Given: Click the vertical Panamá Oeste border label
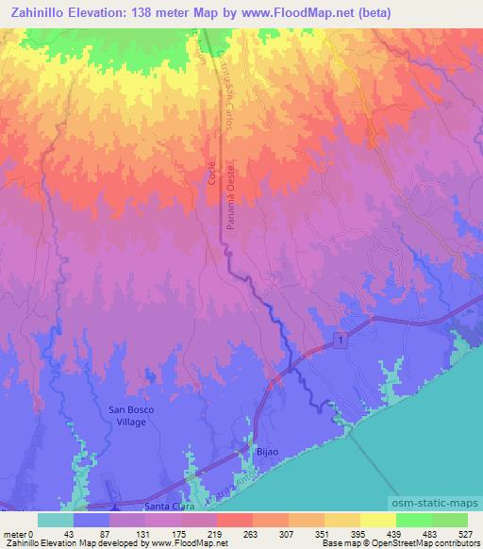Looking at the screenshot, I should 229,189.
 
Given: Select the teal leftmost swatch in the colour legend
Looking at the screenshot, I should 56,520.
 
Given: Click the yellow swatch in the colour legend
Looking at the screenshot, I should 377,520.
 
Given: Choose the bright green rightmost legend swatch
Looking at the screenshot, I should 450,520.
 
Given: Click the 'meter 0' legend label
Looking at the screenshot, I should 17,533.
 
